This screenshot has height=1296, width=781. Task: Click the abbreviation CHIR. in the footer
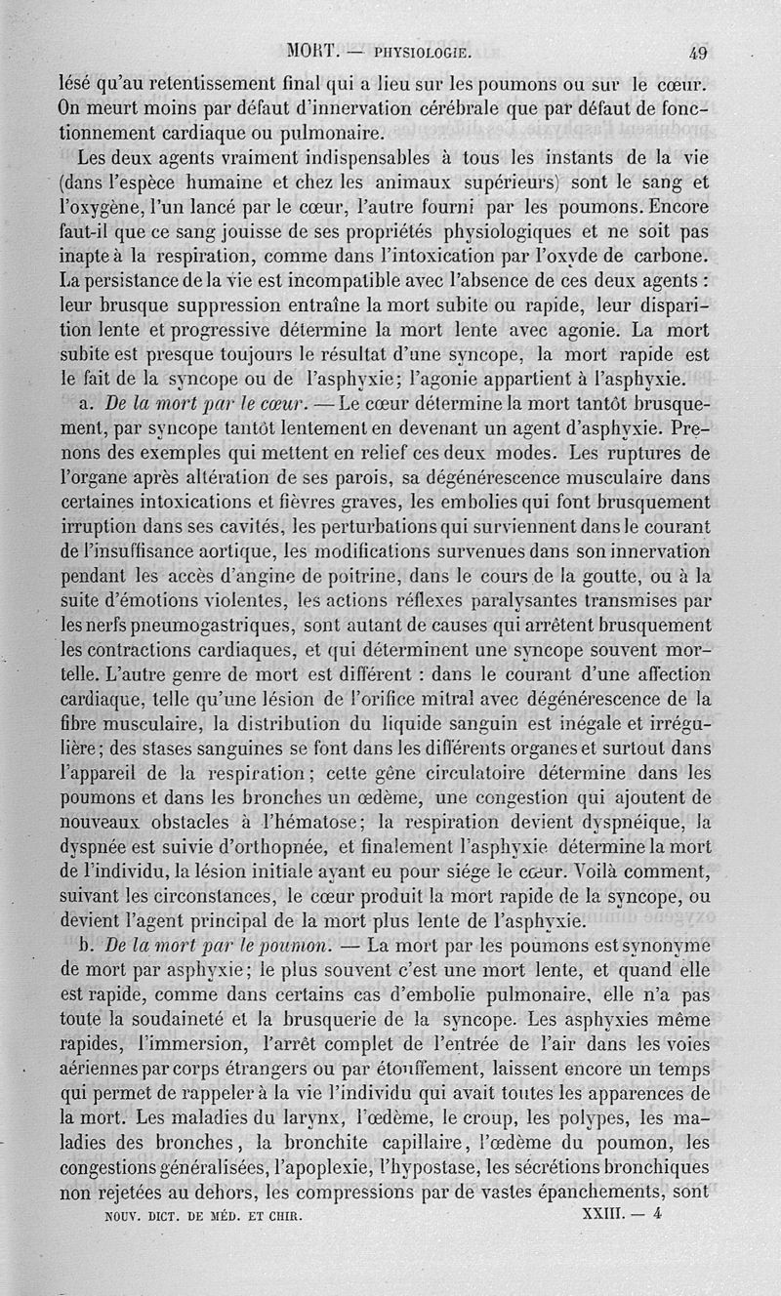(284, 1218)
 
